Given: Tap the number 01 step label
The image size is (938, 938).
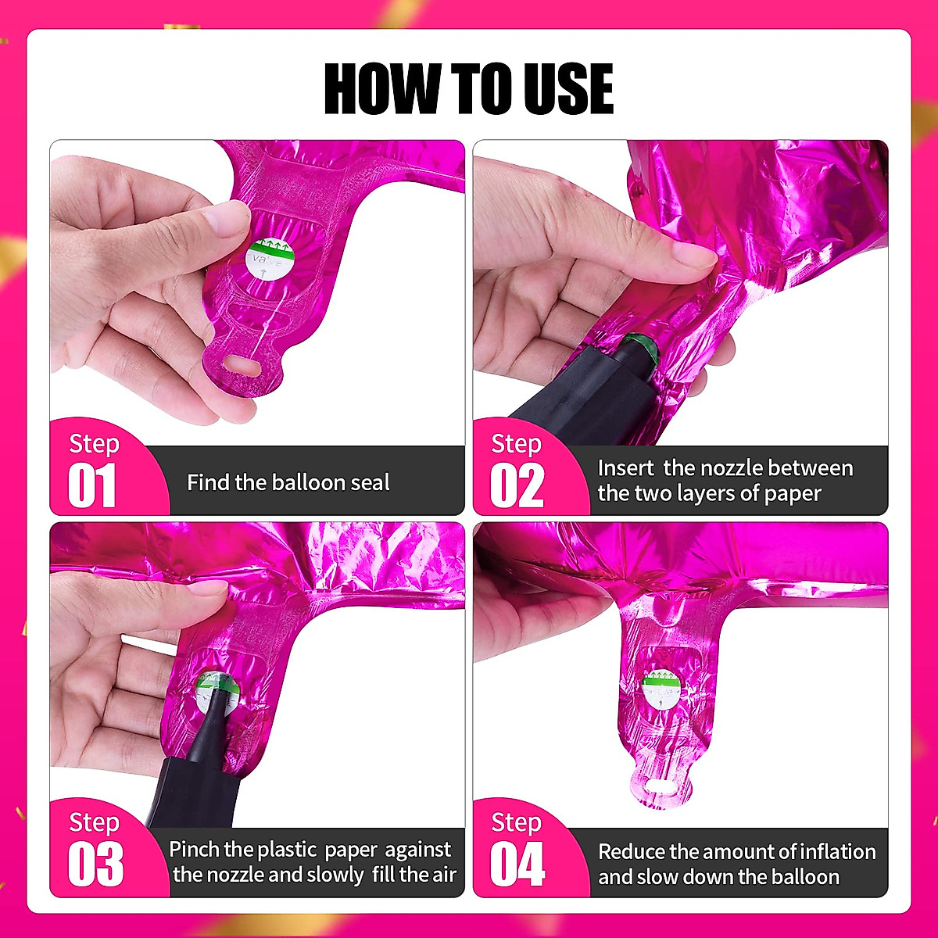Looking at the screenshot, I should (x=92, y=486).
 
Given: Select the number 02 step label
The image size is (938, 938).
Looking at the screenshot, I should (x=516, y=486).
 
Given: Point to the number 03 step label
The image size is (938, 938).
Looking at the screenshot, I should (x=95, y=865).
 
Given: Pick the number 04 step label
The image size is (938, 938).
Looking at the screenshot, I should (x=517, y=865).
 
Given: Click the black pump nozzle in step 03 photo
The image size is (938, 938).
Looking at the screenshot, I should (x=195, y=750).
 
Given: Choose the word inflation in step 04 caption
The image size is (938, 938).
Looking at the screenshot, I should (x=829, y=851).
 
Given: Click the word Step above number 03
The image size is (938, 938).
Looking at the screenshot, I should (x=94, y=822).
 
